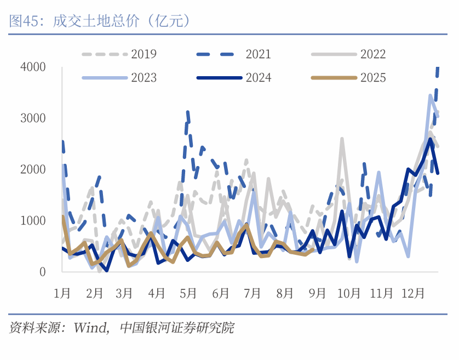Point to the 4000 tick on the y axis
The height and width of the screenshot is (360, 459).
point(33,67)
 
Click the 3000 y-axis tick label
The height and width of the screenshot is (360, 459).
point(33,118)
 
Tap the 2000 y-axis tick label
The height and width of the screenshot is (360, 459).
point(33,169)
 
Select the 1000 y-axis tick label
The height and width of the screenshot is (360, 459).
point(33,220)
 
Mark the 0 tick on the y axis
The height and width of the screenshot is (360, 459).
point(42,272)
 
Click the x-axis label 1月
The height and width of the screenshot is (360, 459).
point(62,294)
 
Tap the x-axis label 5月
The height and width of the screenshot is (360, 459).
point(188,294)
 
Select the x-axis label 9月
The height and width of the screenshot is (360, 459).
point(317,294)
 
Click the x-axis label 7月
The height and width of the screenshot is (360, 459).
point(252,294)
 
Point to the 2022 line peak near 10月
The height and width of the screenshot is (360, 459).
point(342,139)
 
